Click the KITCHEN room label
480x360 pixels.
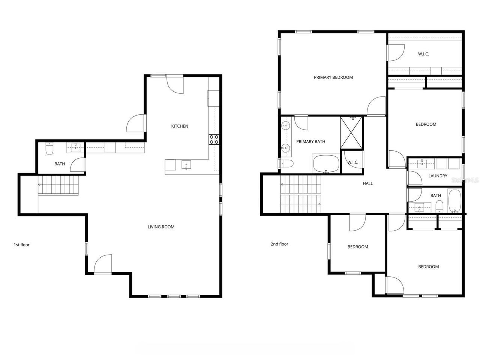pyautogui.click(x=180, y=126)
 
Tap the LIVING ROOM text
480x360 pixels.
pyautogui.click(x=161, y=227)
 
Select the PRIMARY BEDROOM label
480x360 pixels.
pyautogui.click(x=333, y=78)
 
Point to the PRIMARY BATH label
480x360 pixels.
pyautogui.click(x=310, y=142)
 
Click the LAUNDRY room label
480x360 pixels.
pyautogui.click(x=438, y=176)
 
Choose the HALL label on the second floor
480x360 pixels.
pyautogui.click(x=368, y=183)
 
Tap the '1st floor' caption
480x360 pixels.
pyautogui.click(x=22, y=245)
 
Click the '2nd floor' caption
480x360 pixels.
pyautogui.click(x=279, y=244)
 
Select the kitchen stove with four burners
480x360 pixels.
pyautogui.click(x=214, y=139)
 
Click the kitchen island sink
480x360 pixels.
pyautogui.click(x=186, y=165)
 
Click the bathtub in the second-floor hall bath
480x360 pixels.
pyautogui.click(x=455, y=201)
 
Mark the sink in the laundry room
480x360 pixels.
pyautogui.click(x=422, y=163)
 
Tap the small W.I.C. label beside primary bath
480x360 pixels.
pyautogui.click(x=352, y=163)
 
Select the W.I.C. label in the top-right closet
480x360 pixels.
pyautogui.click(x=423, y=54)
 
